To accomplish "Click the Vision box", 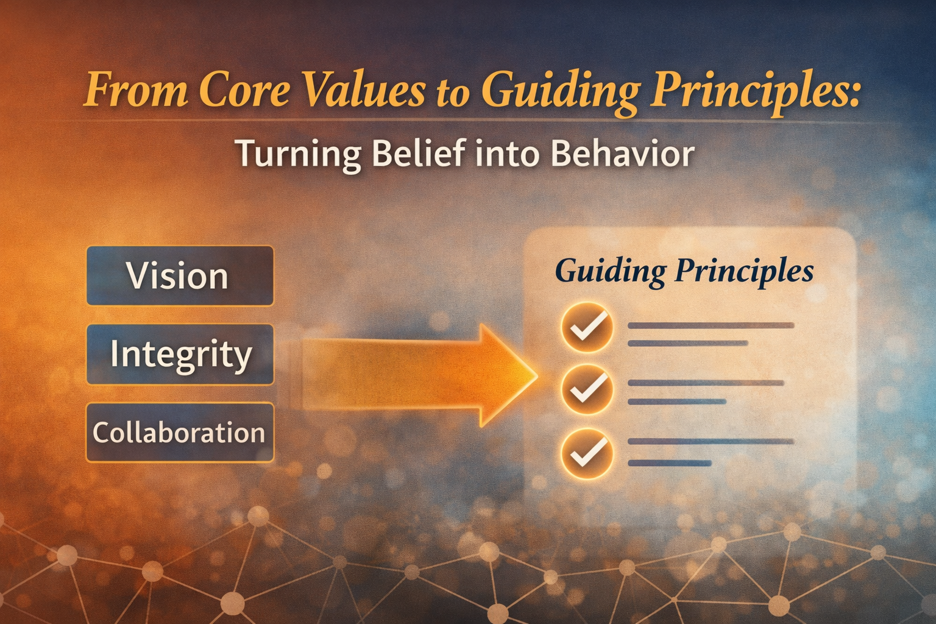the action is [180, 276].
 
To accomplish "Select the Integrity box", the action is [180, 354].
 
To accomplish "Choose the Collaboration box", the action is [180, 432].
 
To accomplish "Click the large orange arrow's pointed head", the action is [537, 375].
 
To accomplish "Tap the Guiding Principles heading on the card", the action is [684, 272].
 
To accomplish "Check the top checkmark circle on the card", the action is [587, 327].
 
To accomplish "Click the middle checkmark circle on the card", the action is [587, 389].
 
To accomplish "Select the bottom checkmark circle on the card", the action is [587, 453].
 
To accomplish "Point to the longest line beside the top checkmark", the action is [711, 325].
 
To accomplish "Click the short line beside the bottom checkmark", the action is [670, 463].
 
